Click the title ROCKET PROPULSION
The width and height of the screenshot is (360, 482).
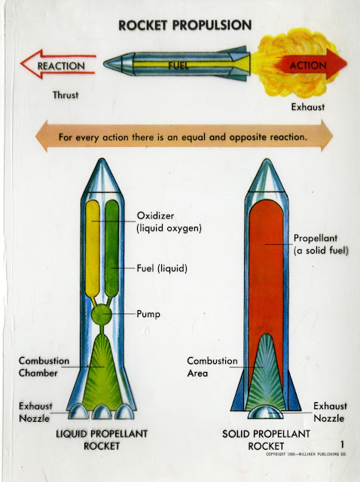(x=185, y=25)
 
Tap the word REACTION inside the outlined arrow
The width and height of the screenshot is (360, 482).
(x=61, y=66)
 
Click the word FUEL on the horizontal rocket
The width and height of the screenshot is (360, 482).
(x=178, y=65)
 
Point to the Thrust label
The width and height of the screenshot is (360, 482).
(x=66, y=95)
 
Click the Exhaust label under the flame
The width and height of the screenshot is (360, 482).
(x=308, y=107)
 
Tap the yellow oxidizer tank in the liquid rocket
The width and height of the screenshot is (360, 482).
(x=92, y=249)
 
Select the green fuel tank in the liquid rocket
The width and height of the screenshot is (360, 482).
(x=111, y=249)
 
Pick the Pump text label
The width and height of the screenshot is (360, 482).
(x=148, y=314)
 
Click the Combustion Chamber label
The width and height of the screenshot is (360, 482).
(x=44, y=367)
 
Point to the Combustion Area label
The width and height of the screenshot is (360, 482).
(x=212, y=367)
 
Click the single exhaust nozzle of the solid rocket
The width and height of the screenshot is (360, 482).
(x=266, y=412)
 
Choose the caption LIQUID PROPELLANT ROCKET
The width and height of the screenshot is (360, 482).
(x=102, y=440)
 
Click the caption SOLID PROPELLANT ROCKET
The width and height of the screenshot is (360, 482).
(x=266, y=440)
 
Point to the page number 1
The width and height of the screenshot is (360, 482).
(x=342, y=444)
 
